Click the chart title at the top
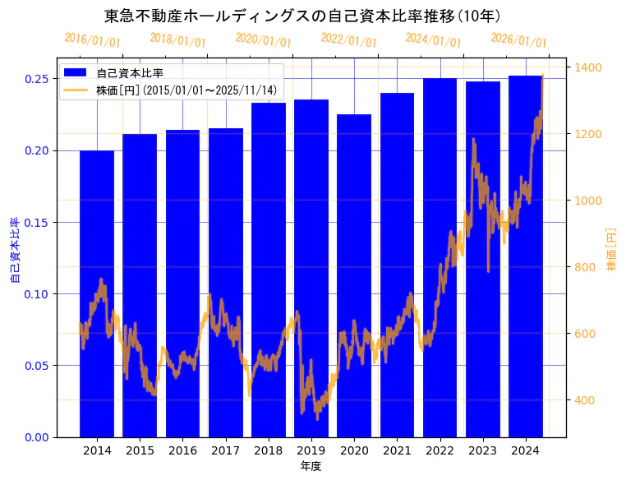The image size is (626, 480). pos(303,16)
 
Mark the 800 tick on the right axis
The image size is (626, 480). pos(586,267)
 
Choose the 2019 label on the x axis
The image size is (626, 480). pos(311,450)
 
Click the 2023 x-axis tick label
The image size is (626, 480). pos(482,450)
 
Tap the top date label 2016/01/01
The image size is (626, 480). pos(92,39)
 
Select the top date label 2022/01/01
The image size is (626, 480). pos(348,39)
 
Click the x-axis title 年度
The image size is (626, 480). pos(311,466)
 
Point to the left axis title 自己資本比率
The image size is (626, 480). pos(15,251)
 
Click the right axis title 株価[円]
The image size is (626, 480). pos(611,251)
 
